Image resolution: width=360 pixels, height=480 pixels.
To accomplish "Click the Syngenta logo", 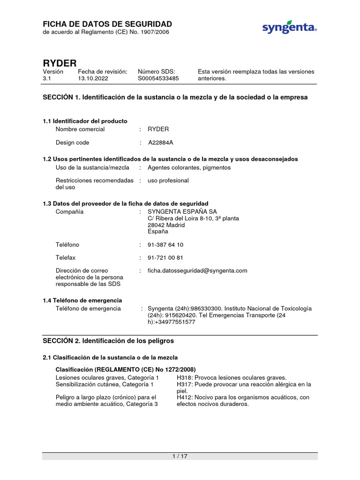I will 289,28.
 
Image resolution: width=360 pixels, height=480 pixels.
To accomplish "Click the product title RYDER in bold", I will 60,63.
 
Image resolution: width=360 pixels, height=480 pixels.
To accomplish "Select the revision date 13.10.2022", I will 93,79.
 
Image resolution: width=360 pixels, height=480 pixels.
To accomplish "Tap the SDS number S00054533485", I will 158,79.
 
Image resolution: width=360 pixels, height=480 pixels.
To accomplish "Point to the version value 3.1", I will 47,79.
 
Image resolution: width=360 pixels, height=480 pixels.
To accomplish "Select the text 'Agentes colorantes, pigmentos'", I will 189,167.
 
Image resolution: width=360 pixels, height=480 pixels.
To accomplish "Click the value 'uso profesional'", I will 168,180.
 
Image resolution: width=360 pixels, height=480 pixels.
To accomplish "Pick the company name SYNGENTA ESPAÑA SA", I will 182,212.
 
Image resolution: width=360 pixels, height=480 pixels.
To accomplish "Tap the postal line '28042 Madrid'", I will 166,225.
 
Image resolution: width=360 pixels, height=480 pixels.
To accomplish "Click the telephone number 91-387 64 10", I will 165,245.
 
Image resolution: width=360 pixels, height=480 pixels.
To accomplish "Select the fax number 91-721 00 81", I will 165,258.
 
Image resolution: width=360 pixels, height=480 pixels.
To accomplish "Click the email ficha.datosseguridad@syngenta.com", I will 197,270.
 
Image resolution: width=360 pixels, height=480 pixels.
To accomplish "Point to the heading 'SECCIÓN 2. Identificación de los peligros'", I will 108,340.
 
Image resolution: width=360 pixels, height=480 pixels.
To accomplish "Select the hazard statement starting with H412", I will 243,401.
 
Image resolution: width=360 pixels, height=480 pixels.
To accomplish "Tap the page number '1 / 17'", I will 180,456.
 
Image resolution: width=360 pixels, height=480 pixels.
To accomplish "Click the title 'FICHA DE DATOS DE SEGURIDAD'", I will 107,24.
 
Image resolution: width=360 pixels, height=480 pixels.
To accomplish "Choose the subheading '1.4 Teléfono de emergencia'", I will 82,300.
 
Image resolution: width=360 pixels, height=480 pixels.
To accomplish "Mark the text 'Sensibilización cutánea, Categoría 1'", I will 105,384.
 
